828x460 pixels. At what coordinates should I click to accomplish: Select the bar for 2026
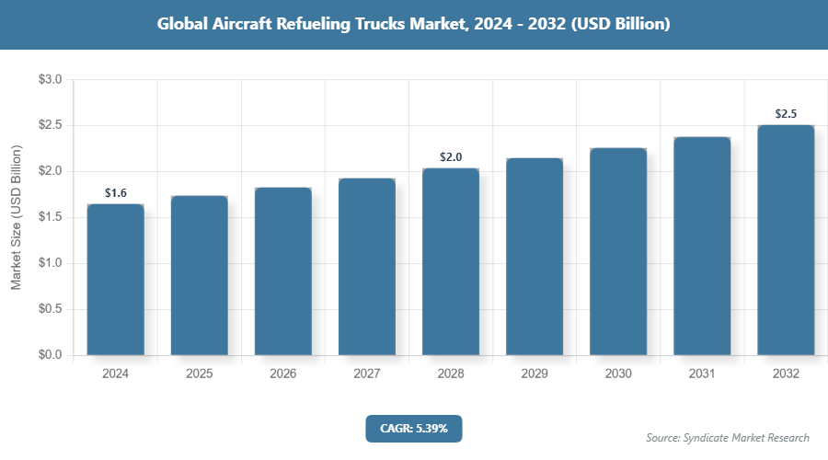282,270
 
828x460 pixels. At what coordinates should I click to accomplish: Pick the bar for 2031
702,246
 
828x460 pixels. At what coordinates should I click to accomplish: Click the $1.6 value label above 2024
115,193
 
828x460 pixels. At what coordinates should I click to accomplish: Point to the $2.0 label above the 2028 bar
451,157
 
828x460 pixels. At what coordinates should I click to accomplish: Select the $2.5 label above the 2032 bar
786,114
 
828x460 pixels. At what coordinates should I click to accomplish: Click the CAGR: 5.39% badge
413,428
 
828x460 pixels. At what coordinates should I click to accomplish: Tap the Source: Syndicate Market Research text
728,437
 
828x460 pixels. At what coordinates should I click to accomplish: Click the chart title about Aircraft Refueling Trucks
413,25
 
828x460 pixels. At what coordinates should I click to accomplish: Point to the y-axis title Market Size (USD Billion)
16,217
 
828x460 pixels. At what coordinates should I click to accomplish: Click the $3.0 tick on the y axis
50,80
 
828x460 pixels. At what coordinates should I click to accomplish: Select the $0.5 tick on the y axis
50,309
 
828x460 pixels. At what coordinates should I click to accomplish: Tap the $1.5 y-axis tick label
50,217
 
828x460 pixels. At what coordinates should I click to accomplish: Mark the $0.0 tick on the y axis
50,355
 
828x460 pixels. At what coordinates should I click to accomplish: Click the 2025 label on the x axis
199,374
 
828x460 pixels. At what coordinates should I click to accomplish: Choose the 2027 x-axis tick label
366,374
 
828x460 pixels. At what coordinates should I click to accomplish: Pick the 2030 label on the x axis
618,374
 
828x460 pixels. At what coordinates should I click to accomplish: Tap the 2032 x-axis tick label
786,374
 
